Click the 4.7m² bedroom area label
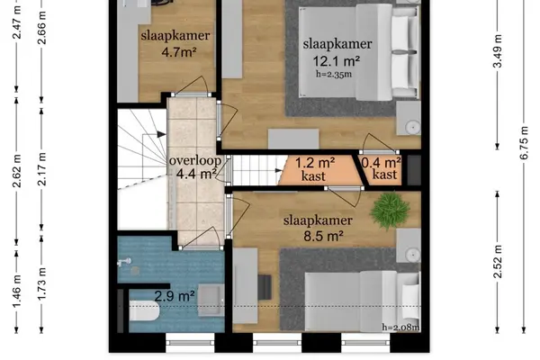click(x=179, y=53)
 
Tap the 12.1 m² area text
click(x=336, y=61)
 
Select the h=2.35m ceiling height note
click(x=334, y=74)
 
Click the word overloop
click(x=195, y=160)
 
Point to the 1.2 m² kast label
click(x=315, y=169)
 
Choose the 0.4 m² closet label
click(x=381, y=168)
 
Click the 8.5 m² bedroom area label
click(x=323, y=237)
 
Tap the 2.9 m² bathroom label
click(x=175, y=295)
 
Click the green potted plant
click(x=391, y=210)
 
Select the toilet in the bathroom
click(x=144, y=312)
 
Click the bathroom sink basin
click(x=211, y=300)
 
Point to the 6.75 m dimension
click(x=524, y=143)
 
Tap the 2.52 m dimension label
click(x=498, y=262)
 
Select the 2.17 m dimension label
click(x=41, y=169)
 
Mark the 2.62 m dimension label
click(x=16, y=171)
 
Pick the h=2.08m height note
click(x=400, y=327)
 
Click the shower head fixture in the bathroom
click(x=124, y=262)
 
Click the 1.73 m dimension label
click(x=41, y=283)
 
